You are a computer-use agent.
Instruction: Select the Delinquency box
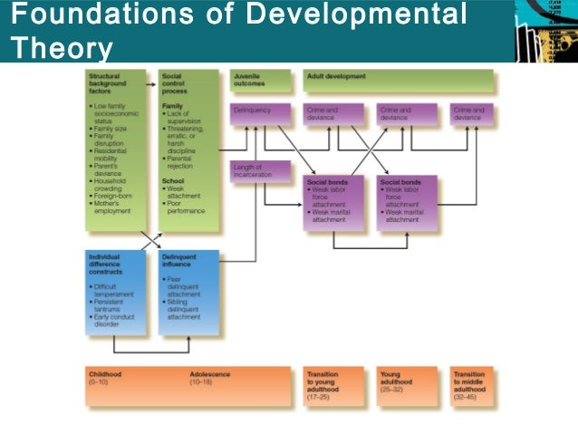tap(260, 114)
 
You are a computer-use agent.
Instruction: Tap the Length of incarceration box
tap(260, 170)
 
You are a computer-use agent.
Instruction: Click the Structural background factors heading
tap(110, 84)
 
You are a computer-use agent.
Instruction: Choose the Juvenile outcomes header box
tap(260, 82)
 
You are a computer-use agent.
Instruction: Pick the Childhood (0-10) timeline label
tap(107, 378)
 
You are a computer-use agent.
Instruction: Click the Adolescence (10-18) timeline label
tap(210, 378)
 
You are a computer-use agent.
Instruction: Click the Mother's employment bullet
tap(113, 207)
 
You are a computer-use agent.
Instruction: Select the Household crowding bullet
tap(113, 185)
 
